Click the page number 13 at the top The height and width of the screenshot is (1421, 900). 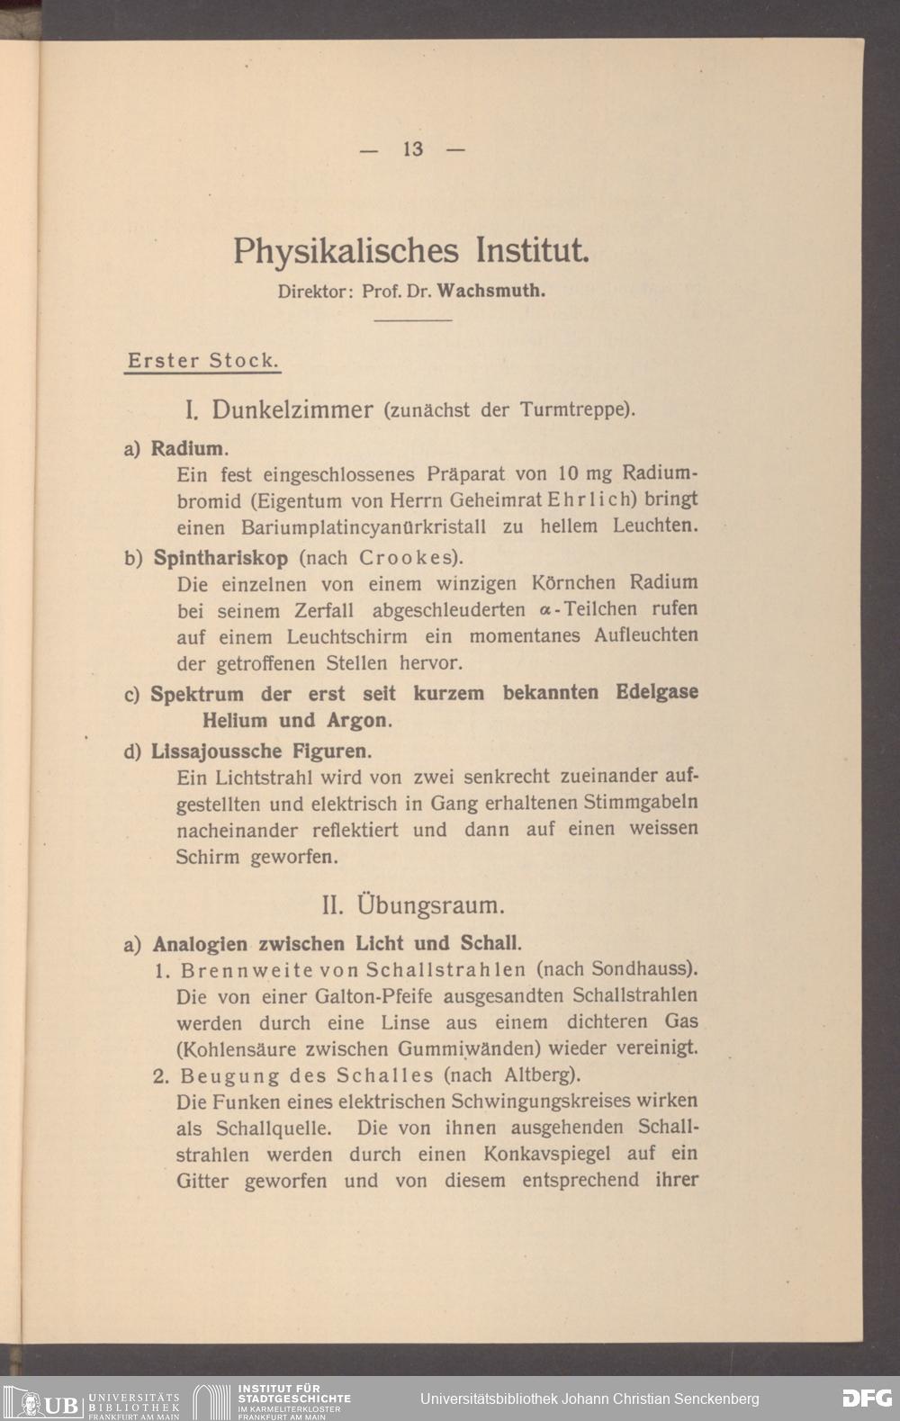[x=413, y=149]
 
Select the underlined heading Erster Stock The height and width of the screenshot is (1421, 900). [x=202, y=361]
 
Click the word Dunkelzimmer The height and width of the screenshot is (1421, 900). [x=292, y=410]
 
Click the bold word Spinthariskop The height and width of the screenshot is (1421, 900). [x=220, y=558]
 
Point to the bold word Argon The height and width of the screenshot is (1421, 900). [x=358, y=721]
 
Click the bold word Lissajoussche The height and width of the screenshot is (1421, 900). [x=216, y=751]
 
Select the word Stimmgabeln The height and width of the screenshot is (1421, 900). [x=640, y=802]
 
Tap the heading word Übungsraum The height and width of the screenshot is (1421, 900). [x=430, y=904]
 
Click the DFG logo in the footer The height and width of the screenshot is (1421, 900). [x=866, y=1399]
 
